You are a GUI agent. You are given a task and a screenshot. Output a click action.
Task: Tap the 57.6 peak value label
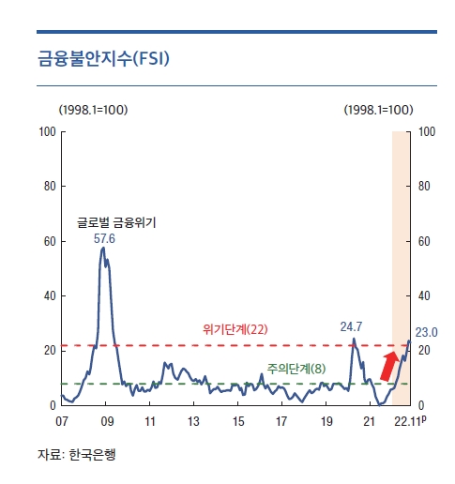[x=104, y=239]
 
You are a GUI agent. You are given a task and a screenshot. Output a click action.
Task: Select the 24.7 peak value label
[x=351, y=326]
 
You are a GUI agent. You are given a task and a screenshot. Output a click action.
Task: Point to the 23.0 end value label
[x=427, y=332]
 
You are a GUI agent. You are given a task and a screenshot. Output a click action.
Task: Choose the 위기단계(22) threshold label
[x=235, y=329]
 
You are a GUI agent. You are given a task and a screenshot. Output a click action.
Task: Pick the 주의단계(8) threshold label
[x=296, y=369]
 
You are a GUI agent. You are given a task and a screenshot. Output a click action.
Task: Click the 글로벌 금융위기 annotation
[x=116, y=223]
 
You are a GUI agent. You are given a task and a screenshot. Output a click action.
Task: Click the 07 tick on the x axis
[x=62, y=422]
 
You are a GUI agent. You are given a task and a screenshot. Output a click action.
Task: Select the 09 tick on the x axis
[x=107, y=422]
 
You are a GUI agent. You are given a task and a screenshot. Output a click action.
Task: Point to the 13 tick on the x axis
[x=194, y=422]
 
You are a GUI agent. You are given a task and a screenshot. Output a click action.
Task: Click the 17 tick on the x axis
[x=282, y=422]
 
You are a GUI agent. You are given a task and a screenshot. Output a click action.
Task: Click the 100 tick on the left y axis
[x=45, y=131]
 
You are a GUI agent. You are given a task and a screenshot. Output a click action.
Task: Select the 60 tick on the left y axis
[x=48, y=241]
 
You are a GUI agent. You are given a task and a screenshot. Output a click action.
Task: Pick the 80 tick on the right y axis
[x=423, y=186]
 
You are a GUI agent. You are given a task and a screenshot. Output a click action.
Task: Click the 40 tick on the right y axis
[x=423, y=295]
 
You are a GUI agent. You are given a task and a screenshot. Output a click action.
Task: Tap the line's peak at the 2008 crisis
[x=103, y=249]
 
